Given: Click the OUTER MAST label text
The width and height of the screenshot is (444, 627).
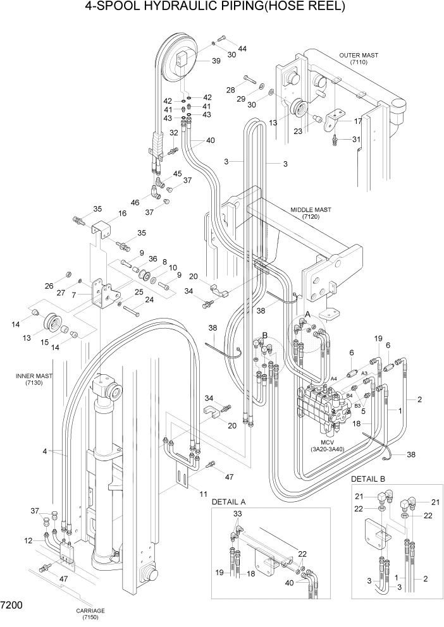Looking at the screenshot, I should click(358, 55).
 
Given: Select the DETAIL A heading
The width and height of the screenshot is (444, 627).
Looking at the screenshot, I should click(228, 501).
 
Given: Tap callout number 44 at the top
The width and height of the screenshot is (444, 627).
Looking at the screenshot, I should click(242, 49).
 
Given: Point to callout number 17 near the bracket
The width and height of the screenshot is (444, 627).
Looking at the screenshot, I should click(357, 121).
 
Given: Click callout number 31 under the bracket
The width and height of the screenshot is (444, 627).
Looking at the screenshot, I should click(356, 139).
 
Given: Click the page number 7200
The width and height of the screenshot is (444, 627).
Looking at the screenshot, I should click(12, 605).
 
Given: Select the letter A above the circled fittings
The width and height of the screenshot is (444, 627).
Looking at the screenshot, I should click(307, 313).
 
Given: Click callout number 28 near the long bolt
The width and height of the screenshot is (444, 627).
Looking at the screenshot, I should click(231, 89).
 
